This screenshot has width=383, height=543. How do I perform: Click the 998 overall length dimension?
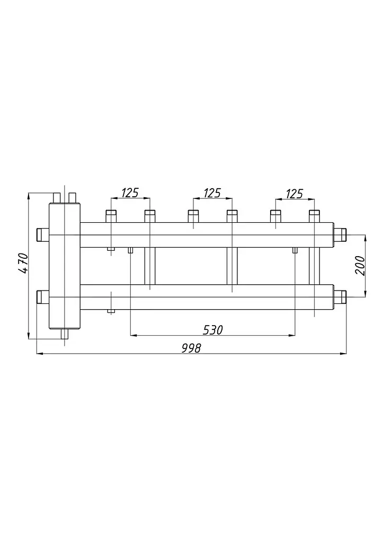coord(191,348)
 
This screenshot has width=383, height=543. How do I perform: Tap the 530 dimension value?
coord(212,330)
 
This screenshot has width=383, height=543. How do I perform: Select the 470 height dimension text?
coord(23,263)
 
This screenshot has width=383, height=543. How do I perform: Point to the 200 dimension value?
coord(360,265)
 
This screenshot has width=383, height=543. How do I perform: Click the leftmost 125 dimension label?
coord(130,192)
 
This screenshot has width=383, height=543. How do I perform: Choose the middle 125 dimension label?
coord(212,193)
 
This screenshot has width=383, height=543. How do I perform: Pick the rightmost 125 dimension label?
coord(295,194)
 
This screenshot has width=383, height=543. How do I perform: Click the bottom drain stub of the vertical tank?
coord(65,334)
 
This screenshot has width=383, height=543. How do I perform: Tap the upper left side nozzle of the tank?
coord(43,235)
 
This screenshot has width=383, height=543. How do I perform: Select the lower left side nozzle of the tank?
coord(43,297)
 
